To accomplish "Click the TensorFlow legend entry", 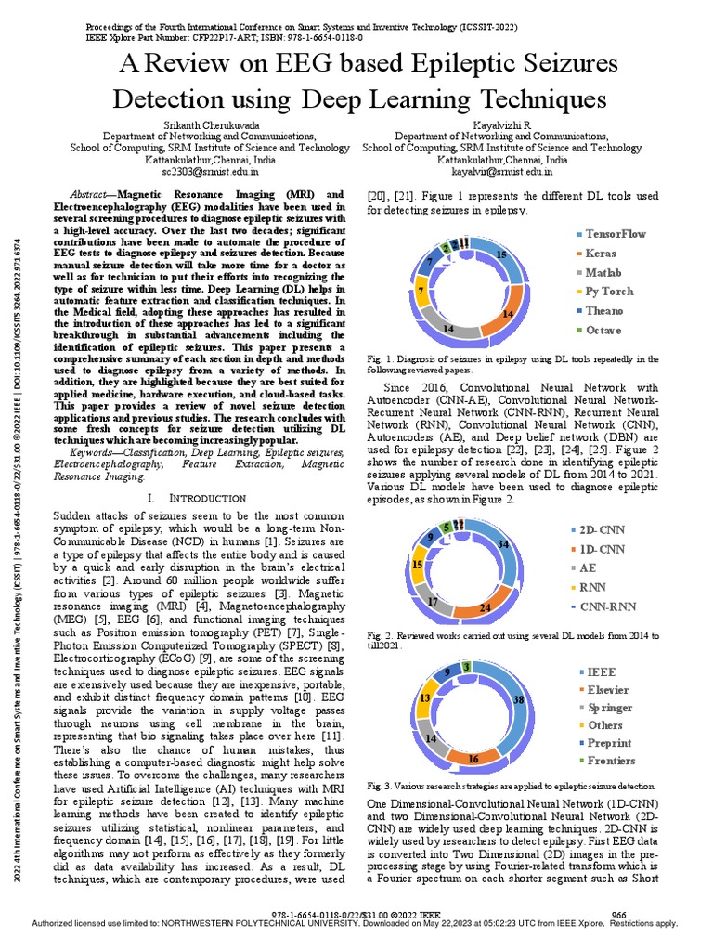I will (614, 234).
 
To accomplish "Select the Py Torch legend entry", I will (608, 292).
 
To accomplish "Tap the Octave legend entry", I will (603, 331).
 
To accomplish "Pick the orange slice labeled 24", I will (484, 607).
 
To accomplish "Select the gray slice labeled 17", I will (433, 602).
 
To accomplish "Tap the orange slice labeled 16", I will (472, 758).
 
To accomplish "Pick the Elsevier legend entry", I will (607, 690).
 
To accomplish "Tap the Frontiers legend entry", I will (610, 761).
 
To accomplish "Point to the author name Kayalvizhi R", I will (501, 124).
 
